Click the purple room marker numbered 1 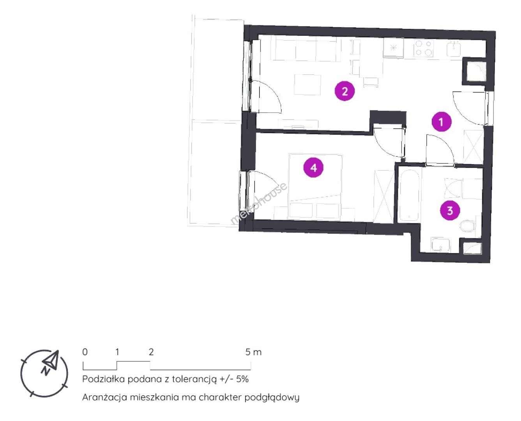coord(441,122)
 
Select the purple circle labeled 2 coord(344,91)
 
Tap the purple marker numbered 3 coord(450,210)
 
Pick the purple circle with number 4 coord(313,168)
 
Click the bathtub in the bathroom coord(409,195)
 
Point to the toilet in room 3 coord(468,226)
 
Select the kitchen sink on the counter coord(454,49)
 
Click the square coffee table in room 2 coord(307,85)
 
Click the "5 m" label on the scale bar coord(253,352)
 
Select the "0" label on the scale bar coord(85,352)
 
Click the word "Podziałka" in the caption coord(104,379)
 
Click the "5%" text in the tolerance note coord(242,379)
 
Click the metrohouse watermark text coord(258,203)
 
